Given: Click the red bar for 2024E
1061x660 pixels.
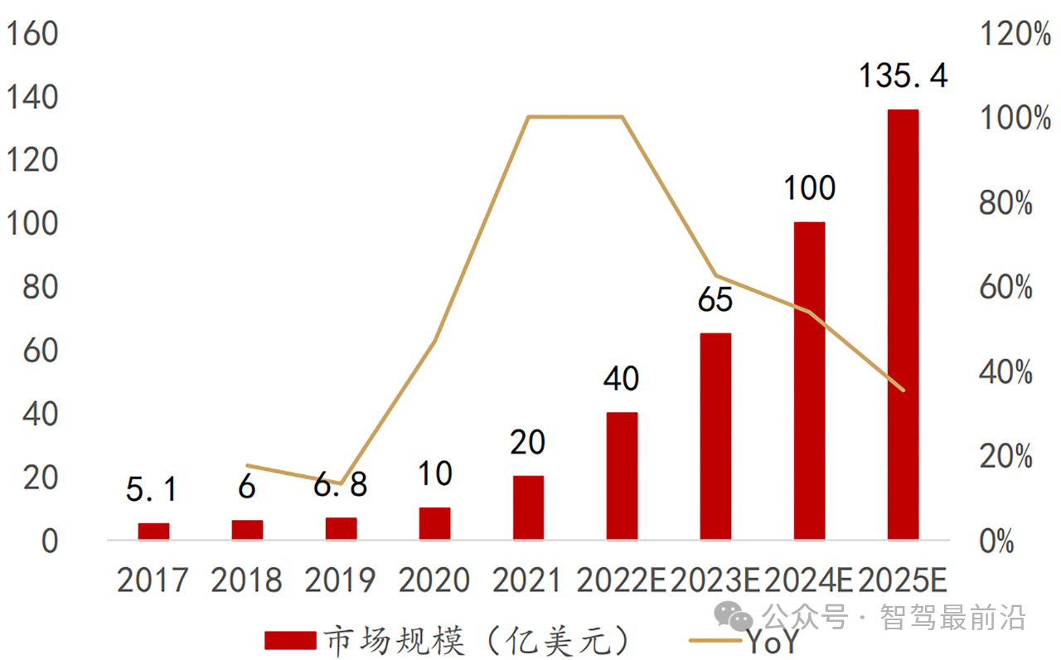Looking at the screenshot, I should tap(809, 381).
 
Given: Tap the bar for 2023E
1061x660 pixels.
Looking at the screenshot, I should tap(715, 436).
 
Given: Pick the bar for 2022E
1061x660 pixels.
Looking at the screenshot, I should tap(622, 476).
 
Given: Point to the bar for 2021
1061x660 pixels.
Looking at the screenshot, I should tap(528, 507).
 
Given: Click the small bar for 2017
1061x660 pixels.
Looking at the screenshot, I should tap(153, 531).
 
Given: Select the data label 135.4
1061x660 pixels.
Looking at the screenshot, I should tap(903, 76).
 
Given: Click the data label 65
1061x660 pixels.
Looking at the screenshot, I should tap(715, 300).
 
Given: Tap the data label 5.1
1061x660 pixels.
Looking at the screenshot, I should tap(152, 490).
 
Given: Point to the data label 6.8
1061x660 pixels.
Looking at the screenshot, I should tap(341, 485).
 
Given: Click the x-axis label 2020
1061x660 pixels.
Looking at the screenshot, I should tap(434, 580).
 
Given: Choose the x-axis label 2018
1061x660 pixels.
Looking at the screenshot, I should tap(246, 580).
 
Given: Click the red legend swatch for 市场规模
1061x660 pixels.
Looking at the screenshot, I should tap(290, 640).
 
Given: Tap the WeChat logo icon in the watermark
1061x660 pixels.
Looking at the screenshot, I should tap(735, 617).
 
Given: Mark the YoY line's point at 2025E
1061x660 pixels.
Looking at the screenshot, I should tap(903, 390).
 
